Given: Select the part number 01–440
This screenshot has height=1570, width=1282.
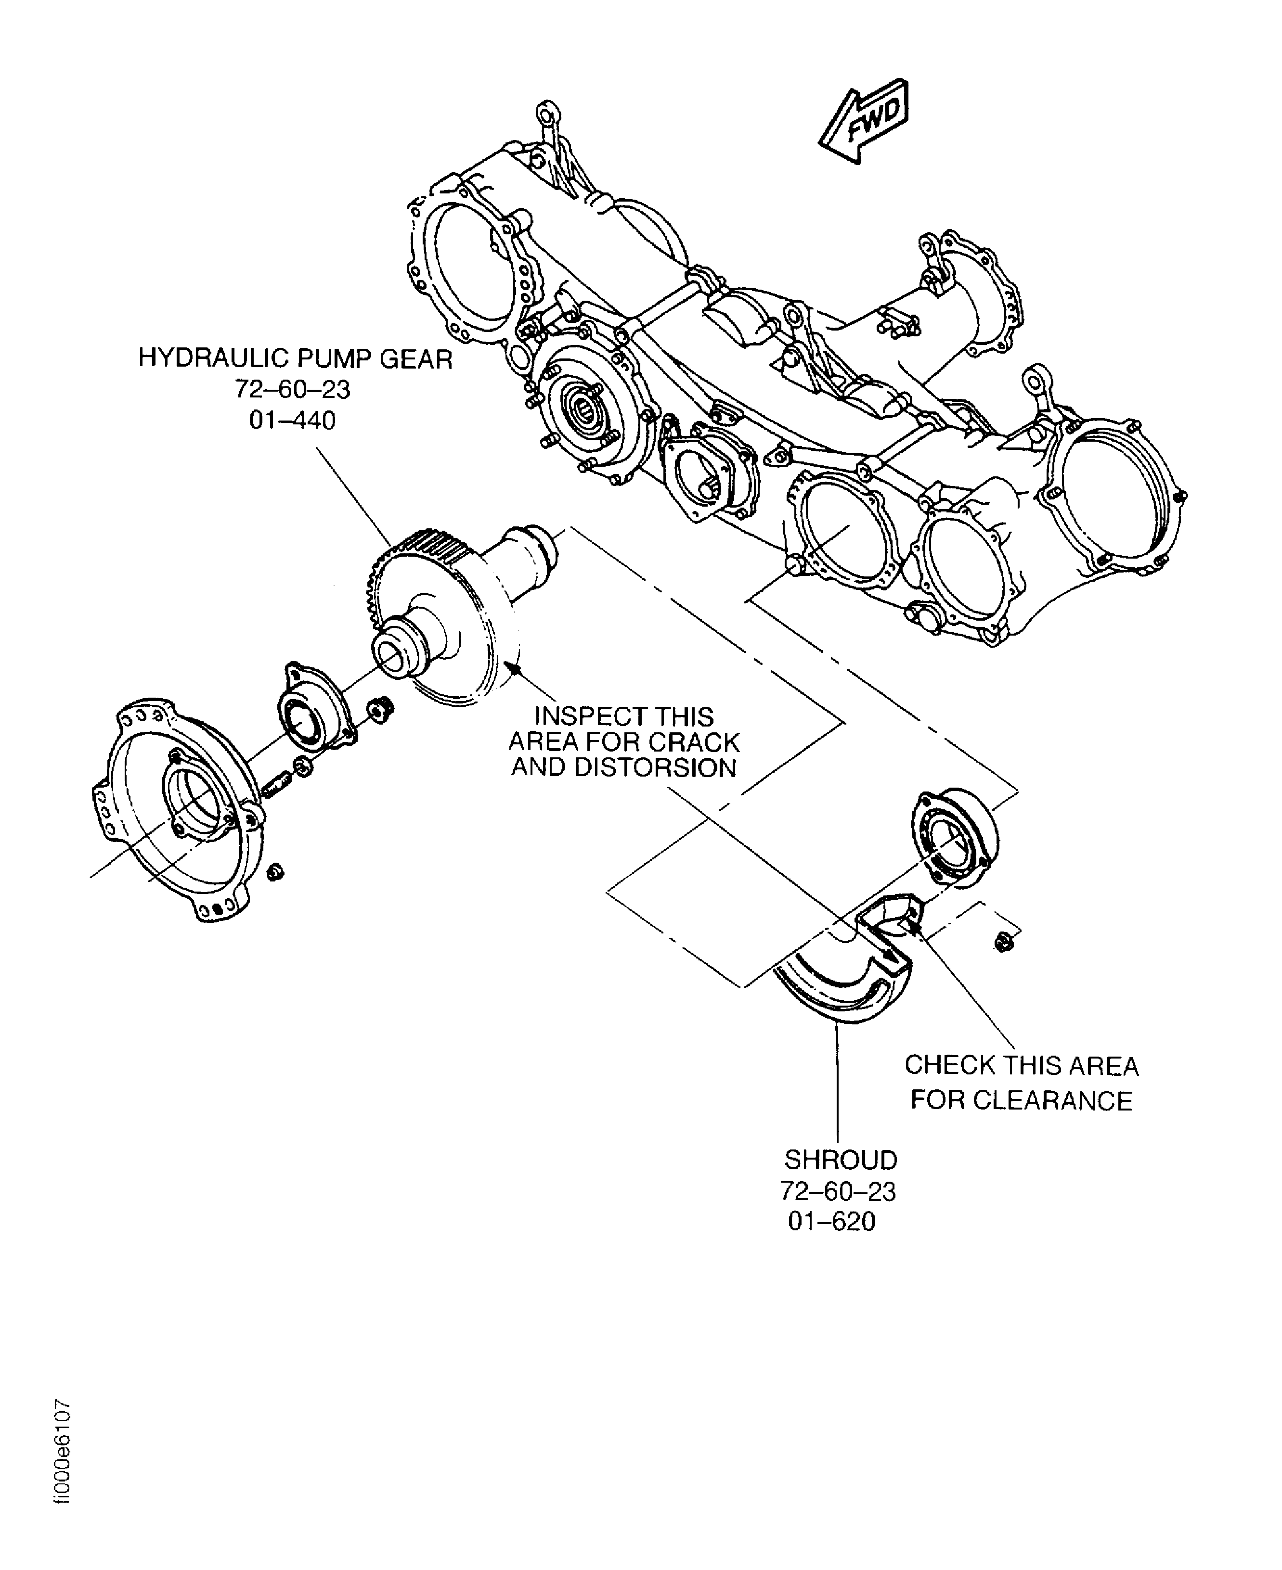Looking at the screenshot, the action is point(292,421).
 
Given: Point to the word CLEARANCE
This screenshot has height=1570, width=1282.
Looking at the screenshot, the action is point(1052,1100).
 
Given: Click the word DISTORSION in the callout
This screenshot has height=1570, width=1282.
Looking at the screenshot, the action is point(656,768).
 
